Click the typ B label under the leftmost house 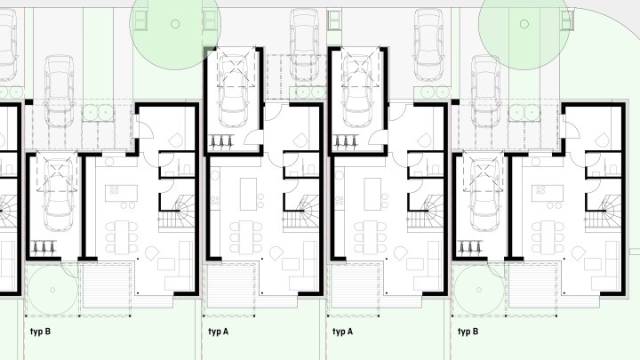tap(40, 332)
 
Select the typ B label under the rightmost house tap(468, 332)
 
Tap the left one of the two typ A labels tap(219, 332)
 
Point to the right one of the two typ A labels tap(343, 332)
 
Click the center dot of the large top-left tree tap(175, 24)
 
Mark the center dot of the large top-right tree tap(524, 24)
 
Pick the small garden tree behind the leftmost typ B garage tap(52, 290)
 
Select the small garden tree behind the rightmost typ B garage tap(479, 290)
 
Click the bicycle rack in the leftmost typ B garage tap(44, 247)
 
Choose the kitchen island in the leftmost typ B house tap(121, 193)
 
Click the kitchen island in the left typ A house tap(248, 194)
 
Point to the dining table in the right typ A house tap(372, 236)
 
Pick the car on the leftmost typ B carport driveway tap(60, 92)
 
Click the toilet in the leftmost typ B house tap(188, 169)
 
